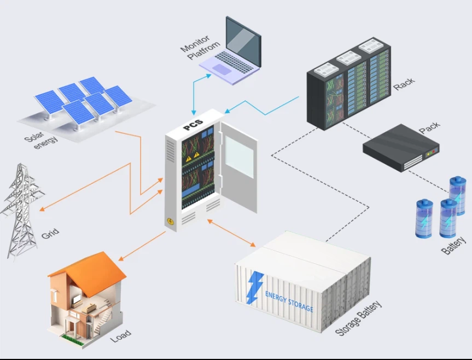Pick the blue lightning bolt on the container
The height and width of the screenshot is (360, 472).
click(x=253, y=288)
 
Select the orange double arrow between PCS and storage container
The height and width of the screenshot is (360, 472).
click(x=232, y=233)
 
